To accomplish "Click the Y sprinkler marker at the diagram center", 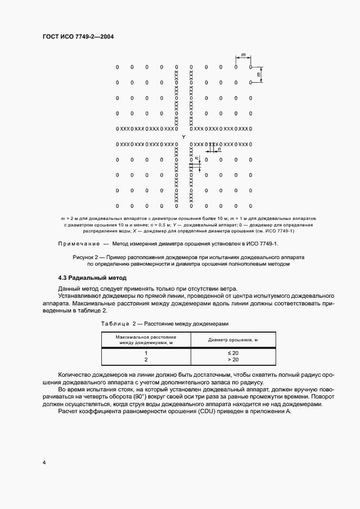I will click(x=183, y=136).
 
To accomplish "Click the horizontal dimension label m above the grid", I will click(x=243, y=54).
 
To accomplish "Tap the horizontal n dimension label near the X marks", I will click(x=218, y=149).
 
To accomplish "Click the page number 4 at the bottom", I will click(x=44, y=463).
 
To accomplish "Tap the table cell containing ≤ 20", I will click(x=233, y=353).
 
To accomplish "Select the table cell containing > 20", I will click(x=233, y=360).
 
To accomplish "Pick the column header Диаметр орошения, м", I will click(x=233, y=340).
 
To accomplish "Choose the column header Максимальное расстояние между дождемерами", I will click(x=145, y=340).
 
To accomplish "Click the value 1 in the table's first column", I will click(x=146, y=353).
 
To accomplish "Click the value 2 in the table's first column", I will click(x=146, y=360).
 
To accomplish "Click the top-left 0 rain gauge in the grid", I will click(x=117, y=68).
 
